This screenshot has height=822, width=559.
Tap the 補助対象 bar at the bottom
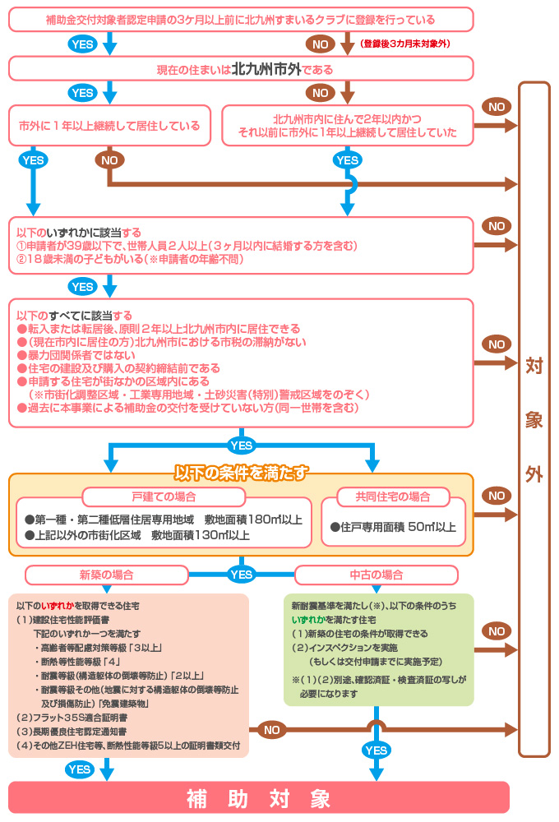tap(258, 798)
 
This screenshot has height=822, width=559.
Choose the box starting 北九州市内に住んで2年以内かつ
tap(347, 126)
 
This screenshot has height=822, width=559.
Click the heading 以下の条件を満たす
tap(242, 473)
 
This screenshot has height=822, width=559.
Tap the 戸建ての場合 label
tap(164, 497)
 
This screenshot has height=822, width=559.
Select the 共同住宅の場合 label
tap(392, 497)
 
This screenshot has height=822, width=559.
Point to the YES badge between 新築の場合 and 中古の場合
tap(241, 575)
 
